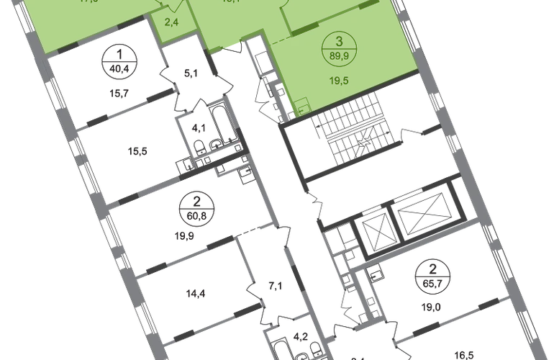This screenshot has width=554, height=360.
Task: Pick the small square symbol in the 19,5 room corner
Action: coord(299,107)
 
